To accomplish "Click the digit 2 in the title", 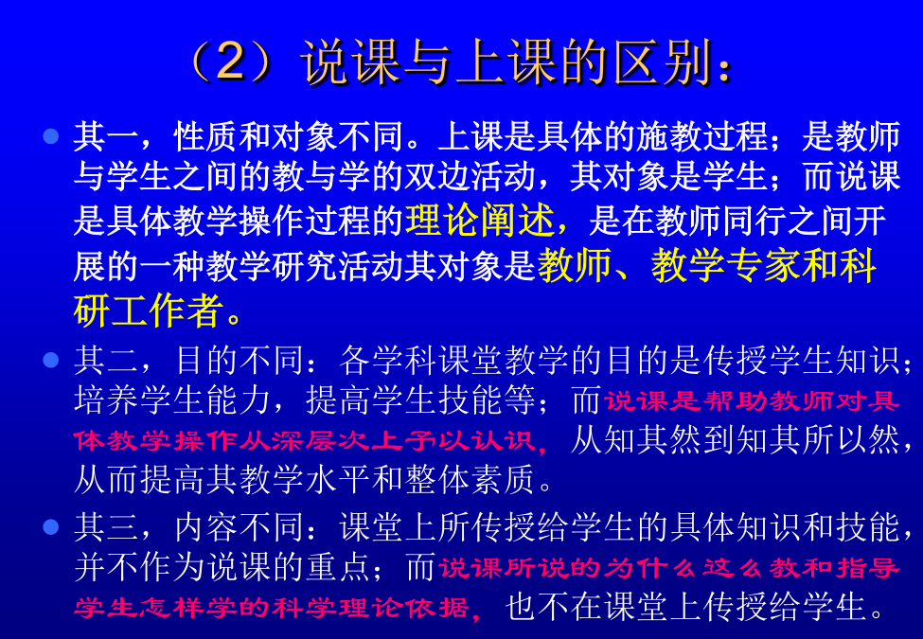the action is [230, 62].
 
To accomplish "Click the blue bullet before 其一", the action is [51, 136].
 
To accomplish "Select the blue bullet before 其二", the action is [51, 360].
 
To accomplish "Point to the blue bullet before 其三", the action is [51, 526].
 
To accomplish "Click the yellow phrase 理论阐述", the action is [480, 221].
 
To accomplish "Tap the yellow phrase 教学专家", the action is [725, 265].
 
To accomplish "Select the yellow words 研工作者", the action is [148, 311].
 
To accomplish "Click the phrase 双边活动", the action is [470, 176].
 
